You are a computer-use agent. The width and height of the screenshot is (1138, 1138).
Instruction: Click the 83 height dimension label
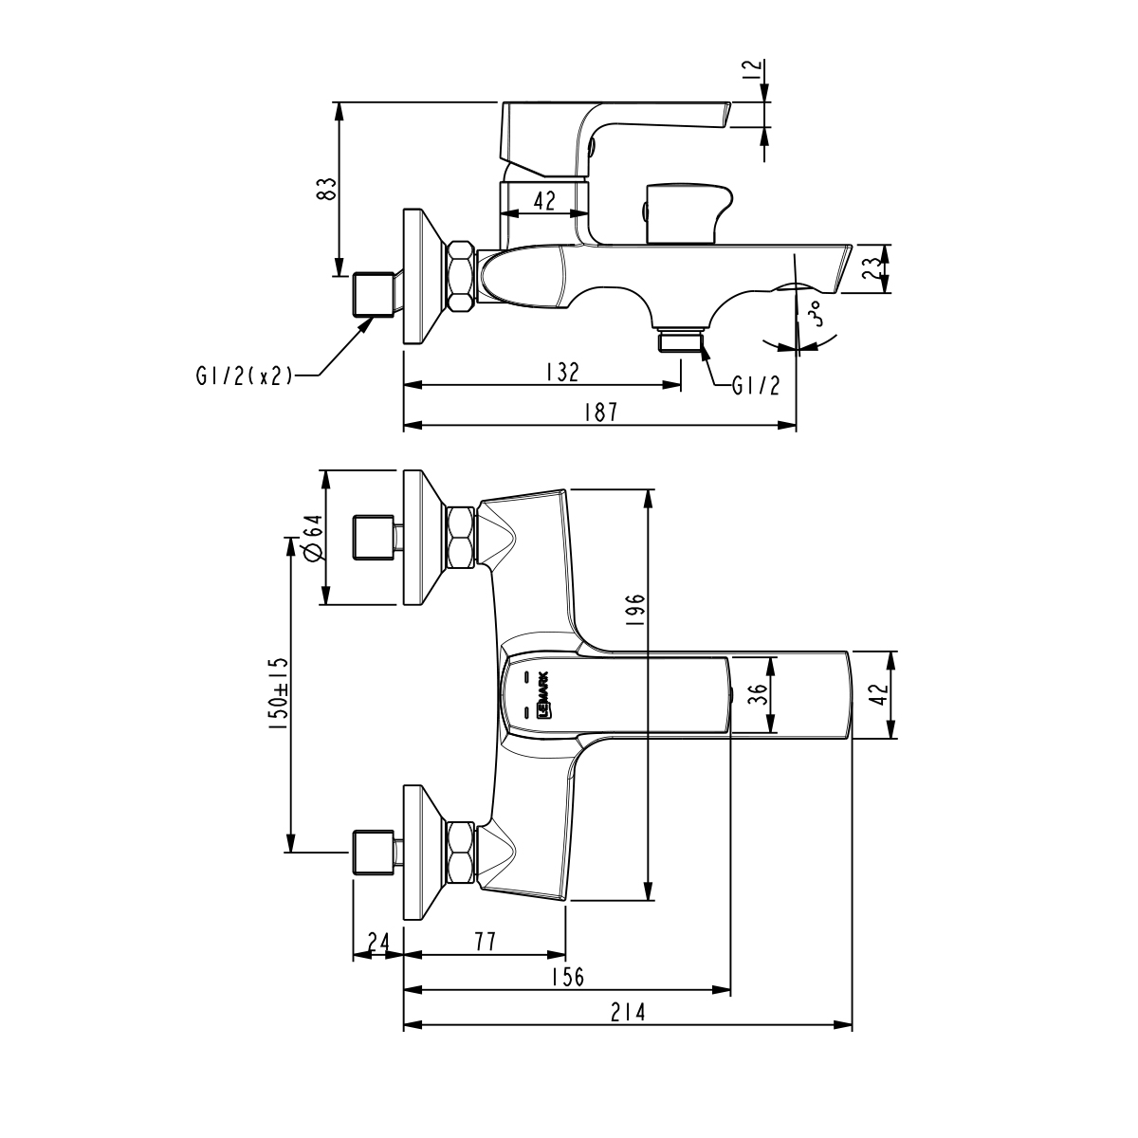(x=325, y=188)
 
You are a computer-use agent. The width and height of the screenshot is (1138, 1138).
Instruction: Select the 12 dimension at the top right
(x=752, y=69)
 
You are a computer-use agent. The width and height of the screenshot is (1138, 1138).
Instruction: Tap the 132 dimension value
(x=561, y=372)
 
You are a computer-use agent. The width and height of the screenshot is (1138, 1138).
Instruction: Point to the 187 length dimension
(x=600, y=413)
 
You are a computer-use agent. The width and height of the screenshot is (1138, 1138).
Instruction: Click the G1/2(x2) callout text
(x=243, y=376)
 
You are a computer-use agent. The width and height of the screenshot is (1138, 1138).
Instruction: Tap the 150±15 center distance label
(x=278, y=694)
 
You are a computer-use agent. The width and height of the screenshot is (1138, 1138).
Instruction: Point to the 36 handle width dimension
(x=755, y=695)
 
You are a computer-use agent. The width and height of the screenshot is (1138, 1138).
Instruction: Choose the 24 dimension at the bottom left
(x=377, y=942)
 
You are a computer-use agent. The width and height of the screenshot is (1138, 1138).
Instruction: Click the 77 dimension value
(x=485, y=942)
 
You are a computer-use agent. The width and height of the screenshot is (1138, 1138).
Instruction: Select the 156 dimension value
(x=567, y=978)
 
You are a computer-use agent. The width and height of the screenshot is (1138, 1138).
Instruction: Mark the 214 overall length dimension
(x=628, y=1013)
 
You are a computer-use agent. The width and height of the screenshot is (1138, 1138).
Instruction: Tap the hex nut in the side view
(x=460, y=276)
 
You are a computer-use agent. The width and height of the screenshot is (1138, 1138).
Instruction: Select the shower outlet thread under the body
(x=681, y=340)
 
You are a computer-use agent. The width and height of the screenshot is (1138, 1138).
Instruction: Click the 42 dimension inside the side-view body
(x=544, y=199)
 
